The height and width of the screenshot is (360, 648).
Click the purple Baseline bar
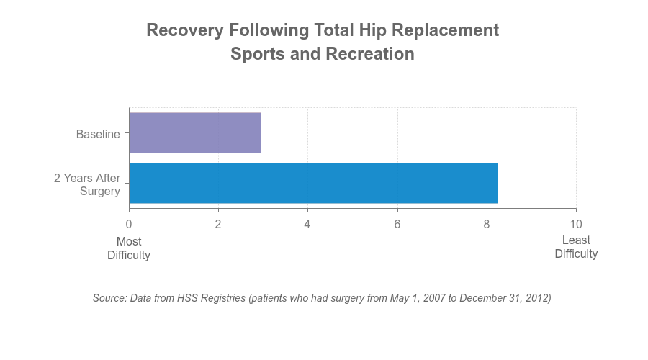point(195,132)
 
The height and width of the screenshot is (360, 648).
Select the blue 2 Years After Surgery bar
point(314,183)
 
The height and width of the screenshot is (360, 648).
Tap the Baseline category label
point(98,134)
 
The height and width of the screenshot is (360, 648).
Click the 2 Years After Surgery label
point(87,184)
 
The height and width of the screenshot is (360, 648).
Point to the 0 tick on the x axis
point(129,224)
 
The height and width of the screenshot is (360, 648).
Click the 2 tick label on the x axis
point(218,224)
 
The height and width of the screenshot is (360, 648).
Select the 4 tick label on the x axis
point(307,224)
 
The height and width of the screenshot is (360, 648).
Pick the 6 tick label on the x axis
point(397,224)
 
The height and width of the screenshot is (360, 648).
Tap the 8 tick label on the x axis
point(487,224)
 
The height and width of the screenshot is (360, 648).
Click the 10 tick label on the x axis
point(576,224)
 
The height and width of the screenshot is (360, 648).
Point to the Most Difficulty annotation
point(129,248)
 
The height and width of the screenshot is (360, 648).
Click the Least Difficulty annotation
point(576,247)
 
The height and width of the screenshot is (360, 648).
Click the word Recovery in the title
point(185,30)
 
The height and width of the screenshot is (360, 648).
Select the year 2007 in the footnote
point(434,298)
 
